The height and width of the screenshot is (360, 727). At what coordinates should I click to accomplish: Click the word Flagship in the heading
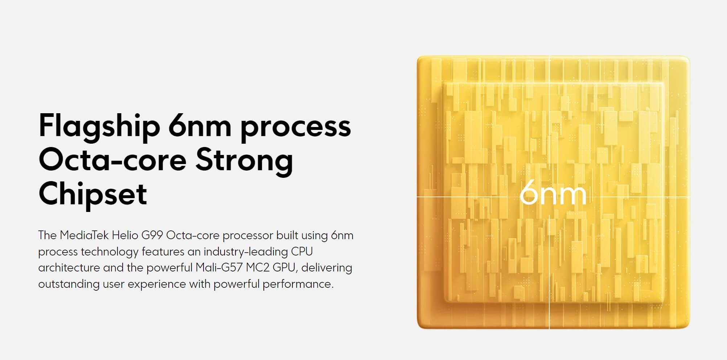coord(99,127)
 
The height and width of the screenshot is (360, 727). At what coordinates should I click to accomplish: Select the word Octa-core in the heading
coord(112,160)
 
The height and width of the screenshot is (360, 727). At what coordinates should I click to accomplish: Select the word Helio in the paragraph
coord(125,236)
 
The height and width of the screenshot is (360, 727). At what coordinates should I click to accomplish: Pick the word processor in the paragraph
coord(248,237)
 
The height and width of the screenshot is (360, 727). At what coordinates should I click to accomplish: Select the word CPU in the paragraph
coord(302,252)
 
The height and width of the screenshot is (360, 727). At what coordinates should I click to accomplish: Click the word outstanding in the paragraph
coord(69,284)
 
